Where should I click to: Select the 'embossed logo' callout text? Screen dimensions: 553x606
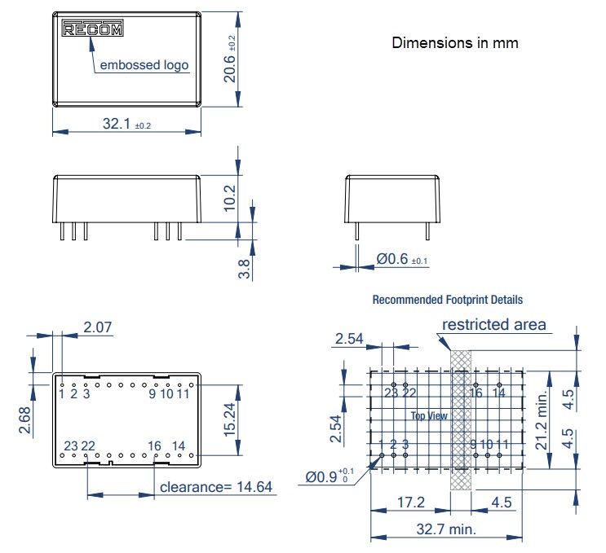coord(144,65)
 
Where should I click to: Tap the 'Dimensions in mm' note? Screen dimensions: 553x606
coord(454,42)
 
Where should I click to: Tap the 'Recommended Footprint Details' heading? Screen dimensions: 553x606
coord(447,300)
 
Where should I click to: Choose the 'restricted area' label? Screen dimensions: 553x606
coord(493,325)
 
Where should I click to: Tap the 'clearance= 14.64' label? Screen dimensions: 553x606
coord(217,487)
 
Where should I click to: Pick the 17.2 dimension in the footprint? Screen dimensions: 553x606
coord(409,503)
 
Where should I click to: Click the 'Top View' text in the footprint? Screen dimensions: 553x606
coord(429,416)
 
